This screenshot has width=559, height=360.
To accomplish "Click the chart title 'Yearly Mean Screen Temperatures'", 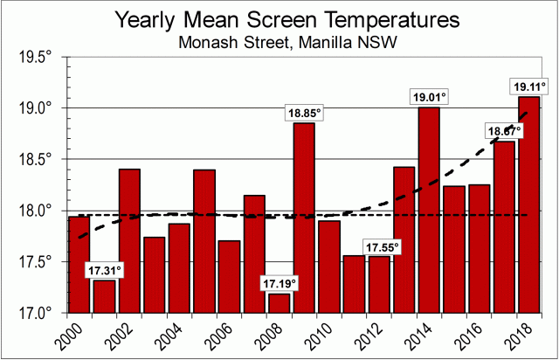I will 279,19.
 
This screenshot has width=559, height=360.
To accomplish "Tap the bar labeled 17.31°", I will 105,296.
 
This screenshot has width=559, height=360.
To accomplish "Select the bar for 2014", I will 429,209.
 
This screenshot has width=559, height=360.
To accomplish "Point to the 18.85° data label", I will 304,113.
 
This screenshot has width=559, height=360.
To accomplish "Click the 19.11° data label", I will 528,86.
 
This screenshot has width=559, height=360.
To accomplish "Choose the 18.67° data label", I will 504,131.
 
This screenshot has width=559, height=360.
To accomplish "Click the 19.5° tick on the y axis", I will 36,57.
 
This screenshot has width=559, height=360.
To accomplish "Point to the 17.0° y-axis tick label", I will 36,312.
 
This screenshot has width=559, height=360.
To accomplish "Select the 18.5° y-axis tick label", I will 36,159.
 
